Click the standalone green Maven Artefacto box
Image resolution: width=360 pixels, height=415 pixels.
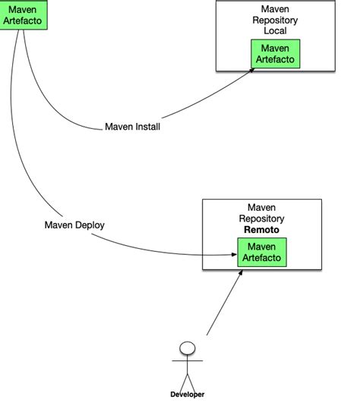click(x=23, y=15)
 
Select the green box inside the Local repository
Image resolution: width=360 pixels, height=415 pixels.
click(x=275, y=53)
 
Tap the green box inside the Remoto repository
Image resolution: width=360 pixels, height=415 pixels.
click(x=262, y=253)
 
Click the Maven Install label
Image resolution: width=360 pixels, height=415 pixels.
click(x=131, y=127)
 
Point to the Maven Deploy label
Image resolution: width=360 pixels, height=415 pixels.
click(x=74, y=225)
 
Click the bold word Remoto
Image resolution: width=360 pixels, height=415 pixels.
click(x=261, y=229)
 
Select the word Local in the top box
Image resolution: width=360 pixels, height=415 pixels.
click(x=275, y=31)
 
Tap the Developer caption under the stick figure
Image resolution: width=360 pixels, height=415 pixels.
click(x=186, y=395)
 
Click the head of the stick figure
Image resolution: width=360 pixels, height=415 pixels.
click(x=186, y=349)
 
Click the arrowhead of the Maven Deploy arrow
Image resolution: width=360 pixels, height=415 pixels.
click(x=234, y=256)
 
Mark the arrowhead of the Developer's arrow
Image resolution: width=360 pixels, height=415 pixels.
click(x=243, y=272)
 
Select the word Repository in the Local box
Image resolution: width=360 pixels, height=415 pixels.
click(x=275, y=20)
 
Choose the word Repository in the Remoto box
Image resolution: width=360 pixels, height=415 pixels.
click(x=261, y=218)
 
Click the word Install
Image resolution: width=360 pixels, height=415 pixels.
click(x=147, y=127)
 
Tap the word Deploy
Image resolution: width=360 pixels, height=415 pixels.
click(x=90, y=225)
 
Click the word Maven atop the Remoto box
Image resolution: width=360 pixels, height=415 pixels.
click(x=261, y=207)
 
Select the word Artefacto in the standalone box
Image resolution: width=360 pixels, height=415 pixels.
click(x=23, y=20)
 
